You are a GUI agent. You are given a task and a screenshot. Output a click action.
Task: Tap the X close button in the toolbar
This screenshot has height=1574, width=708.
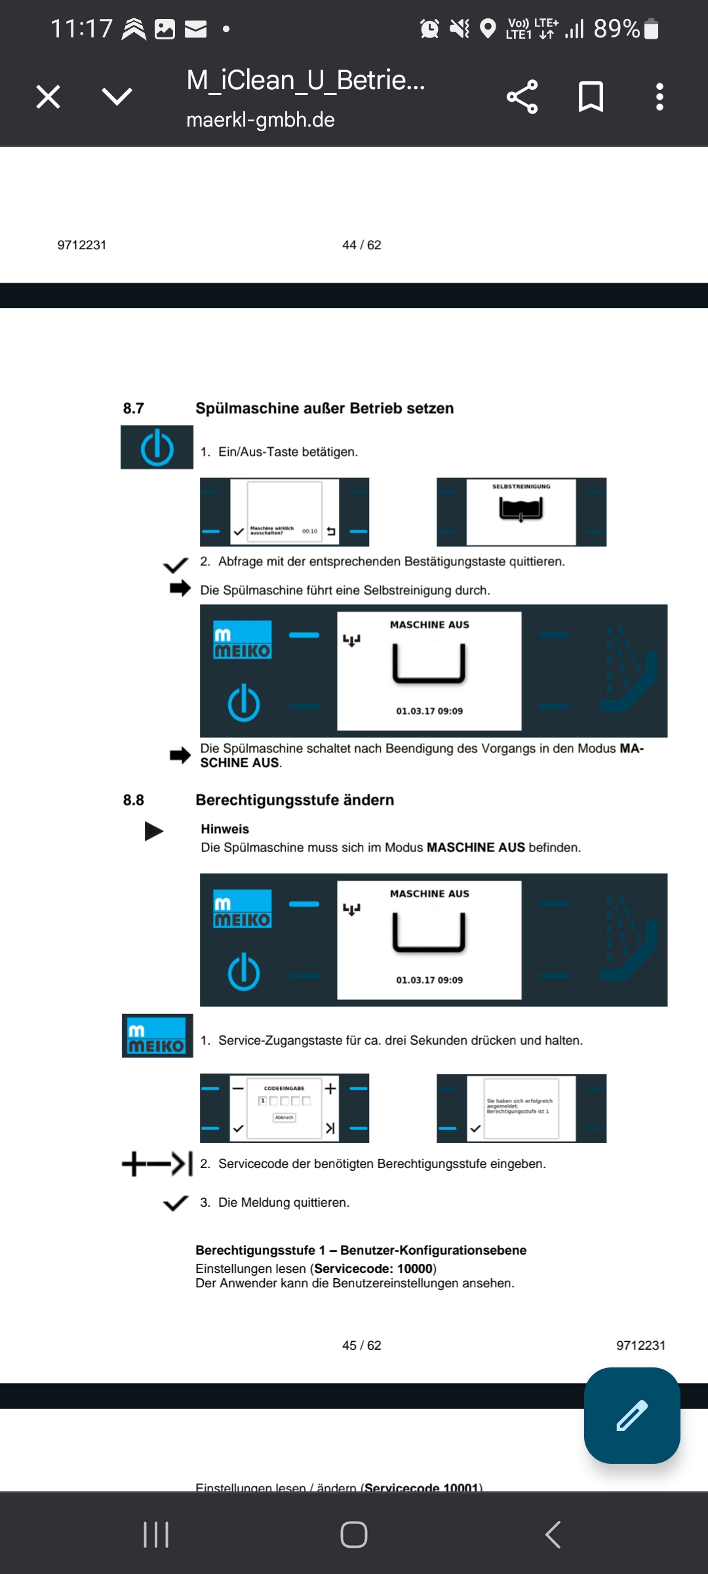48,97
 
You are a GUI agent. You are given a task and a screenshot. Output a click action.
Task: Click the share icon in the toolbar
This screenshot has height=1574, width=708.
522,97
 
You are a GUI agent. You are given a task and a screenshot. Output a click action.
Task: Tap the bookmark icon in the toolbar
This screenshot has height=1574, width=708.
591,97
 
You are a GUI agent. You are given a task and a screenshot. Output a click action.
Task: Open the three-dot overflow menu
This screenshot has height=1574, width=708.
659,97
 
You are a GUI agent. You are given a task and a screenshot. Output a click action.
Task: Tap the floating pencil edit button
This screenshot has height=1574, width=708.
631,1415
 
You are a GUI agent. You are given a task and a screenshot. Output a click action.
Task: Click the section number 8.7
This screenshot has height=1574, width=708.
133,409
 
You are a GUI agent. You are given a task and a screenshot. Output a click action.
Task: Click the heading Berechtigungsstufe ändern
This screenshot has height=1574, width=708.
294,800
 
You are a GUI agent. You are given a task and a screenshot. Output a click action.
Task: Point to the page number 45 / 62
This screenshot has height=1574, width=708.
361,1345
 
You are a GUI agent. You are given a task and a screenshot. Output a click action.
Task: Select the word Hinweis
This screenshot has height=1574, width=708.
225,829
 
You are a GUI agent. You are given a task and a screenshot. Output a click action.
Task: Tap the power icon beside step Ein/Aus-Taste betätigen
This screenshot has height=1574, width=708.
157,448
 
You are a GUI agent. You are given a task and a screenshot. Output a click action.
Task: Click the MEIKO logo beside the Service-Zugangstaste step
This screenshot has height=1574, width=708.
157,1036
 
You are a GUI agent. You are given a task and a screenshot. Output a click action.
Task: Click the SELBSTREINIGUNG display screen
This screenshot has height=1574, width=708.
521,512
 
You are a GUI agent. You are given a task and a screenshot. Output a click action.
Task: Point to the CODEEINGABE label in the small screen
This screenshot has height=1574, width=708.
284,1088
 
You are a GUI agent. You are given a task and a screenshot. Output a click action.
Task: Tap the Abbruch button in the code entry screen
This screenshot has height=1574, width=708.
284,1118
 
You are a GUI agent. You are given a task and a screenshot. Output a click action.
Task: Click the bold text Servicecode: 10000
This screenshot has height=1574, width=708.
373,1268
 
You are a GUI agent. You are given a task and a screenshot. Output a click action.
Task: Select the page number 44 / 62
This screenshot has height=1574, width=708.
361,245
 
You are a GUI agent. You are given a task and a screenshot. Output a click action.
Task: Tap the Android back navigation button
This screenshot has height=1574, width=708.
553,1535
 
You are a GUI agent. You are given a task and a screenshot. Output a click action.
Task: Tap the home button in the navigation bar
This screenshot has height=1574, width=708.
354,1535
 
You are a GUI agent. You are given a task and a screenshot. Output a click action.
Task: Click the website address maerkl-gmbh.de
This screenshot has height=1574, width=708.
260,120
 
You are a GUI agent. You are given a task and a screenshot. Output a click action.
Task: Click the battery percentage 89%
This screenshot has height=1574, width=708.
616,29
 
